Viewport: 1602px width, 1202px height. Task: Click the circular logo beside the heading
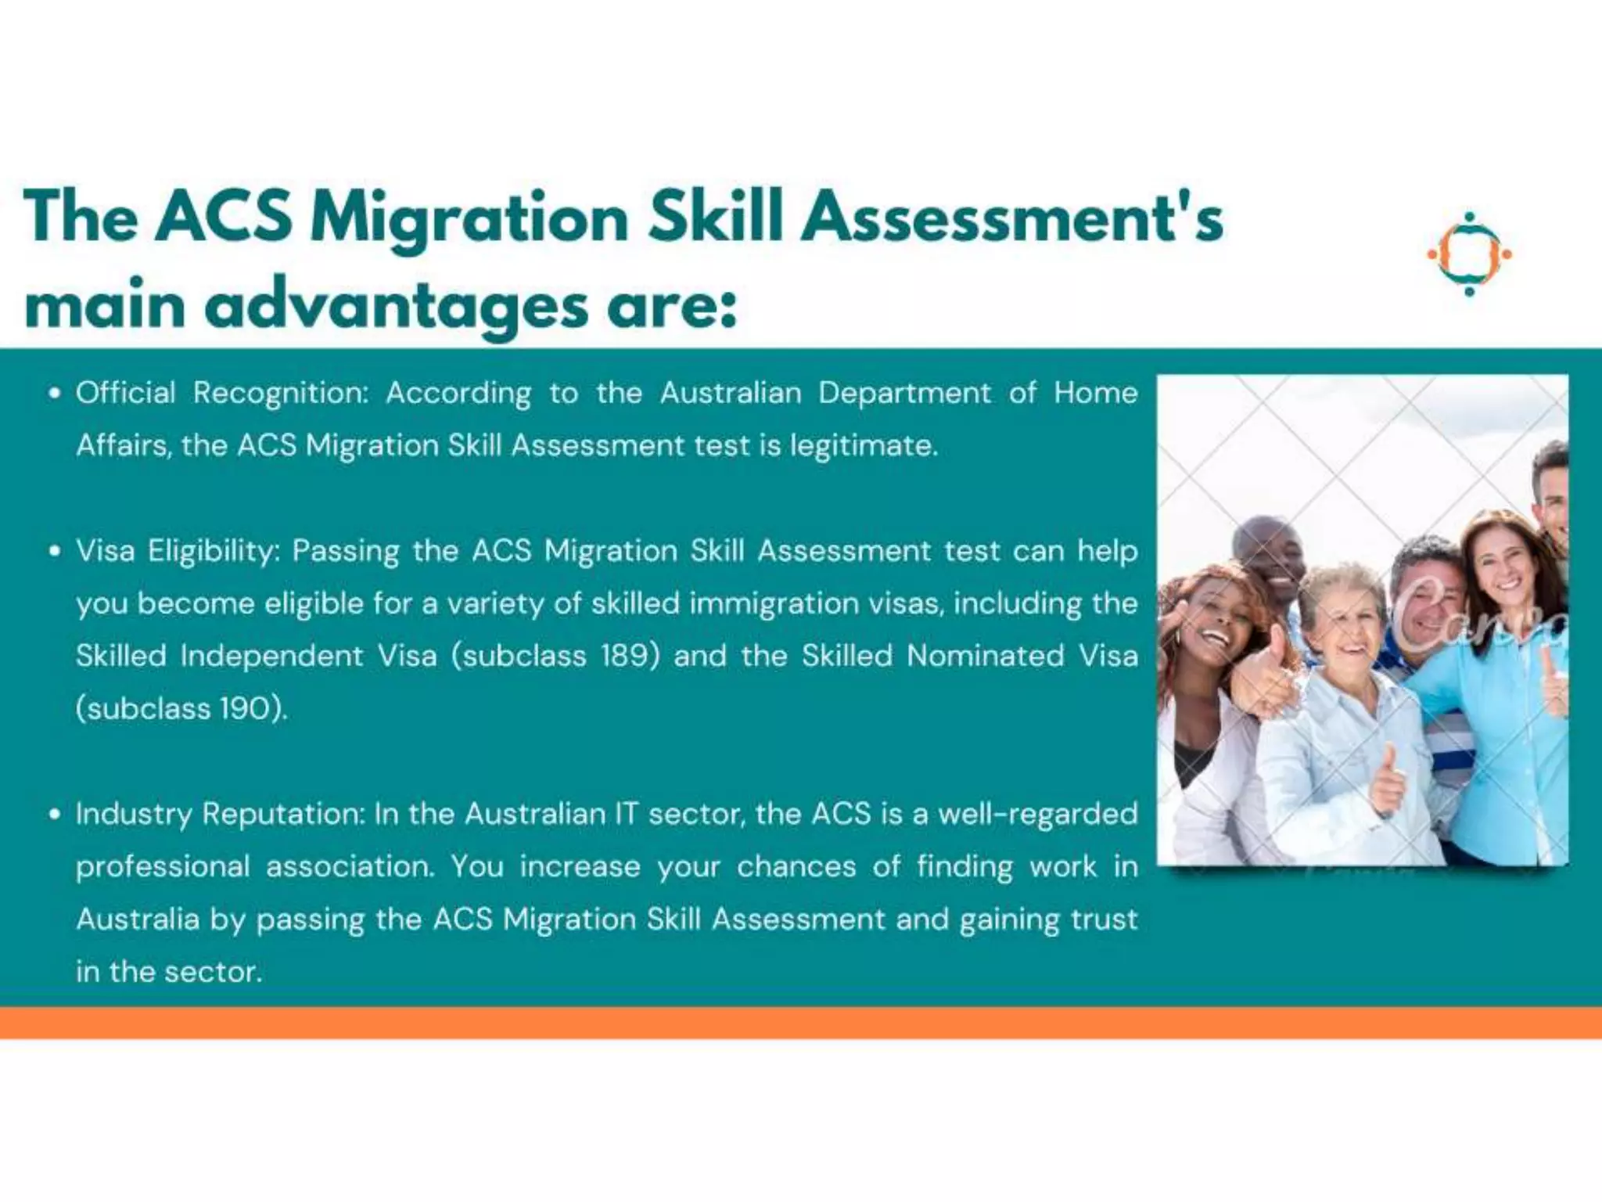pos(1469,254)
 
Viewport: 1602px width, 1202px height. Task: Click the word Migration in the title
pos(469,218)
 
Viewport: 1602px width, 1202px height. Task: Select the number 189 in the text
pos(624,656)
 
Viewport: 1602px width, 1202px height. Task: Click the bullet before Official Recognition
pos(54,394)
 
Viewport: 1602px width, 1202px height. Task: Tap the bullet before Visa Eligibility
pos(54,552)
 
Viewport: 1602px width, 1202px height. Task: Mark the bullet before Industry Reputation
pos(54,815)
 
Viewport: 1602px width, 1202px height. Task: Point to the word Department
pos(904,394)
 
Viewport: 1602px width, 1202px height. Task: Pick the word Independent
pos(271,656)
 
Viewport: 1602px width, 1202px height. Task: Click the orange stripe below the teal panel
pos(801,1023)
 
